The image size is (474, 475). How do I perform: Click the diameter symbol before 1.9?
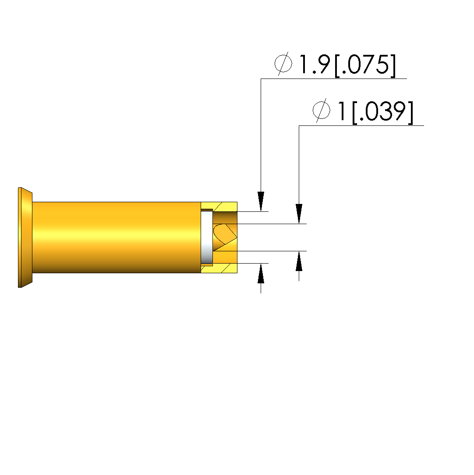click(283, 64)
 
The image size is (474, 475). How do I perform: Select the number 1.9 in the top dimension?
click(315, 64)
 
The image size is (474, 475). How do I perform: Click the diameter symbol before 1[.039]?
click(321, 110)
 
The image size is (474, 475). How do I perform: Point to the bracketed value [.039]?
click(382, 112)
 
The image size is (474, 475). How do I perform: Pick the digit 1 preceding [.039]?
click(342, 111)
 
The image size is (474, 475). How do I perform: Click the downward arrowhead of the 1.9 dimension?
click(261, 201)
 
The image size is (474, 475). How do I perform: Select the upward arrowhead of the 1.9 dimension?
click(261, 273)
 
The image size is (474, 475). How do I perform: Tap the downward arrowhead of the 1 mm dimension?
click(299, 214)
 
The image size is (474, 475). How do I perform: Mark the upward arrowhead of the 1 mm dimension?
click(299, 261)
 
